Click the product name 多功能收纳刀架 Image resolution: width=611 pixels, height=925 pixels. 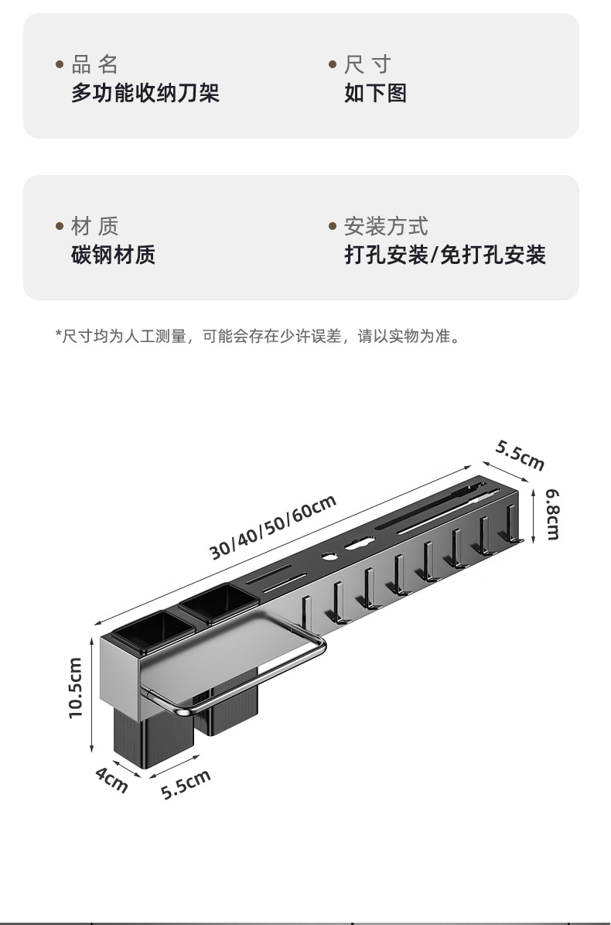click(x=145, y=94)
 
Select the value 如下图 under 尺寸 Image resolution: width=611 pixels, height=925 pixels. click(x=375, y=94)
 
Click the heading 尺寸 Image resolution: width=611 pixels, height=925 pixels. click(x=367, y=64)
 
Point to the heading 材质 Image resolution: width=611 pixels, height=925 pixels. click(x=94, y=227)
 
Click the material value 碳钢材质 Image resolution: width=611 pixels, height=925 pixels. click(x=113, y=255)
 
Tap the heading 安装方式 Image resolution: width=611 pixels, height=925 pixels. click(x=385, y=227)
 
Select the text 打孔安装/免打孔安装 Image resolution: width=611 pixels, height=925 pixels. click(x=445, y=255)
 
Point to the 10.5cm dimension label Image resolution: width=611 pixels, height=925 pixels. click(x=75, y=687)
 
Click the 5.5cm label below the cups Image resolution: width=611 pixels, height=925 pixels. click(x=186, y=785)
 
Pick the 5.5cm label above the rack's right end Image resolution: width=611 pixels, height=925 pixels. click(x=521, y=455)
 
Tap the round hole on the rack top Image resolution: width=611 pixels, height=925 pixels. click(x=328, y=556)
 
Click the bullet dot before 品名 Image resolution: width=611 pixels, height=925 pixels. click(x=60, y=65)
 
